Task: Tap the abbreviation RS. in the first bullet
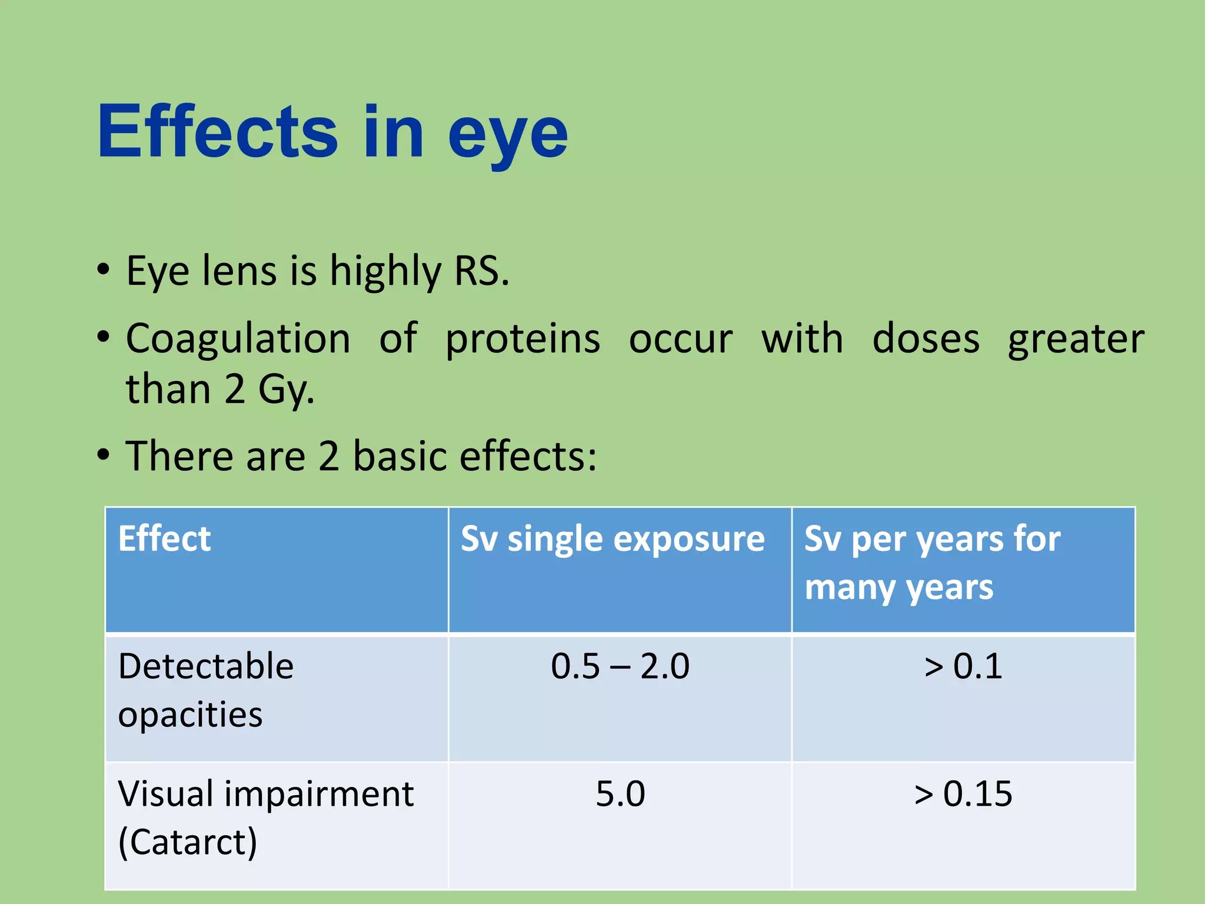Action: pos(481,271)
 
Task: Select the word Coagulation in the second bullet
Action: pos(238,340)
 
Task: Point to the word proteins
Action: pos(522,340)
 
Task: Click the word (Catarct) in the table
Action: pos(187,842)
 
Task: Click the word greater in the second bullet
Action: pos(1076,340)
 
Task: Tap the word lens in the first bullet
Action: pos(239,271)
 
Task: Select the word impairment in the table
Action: pos(318,795)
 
